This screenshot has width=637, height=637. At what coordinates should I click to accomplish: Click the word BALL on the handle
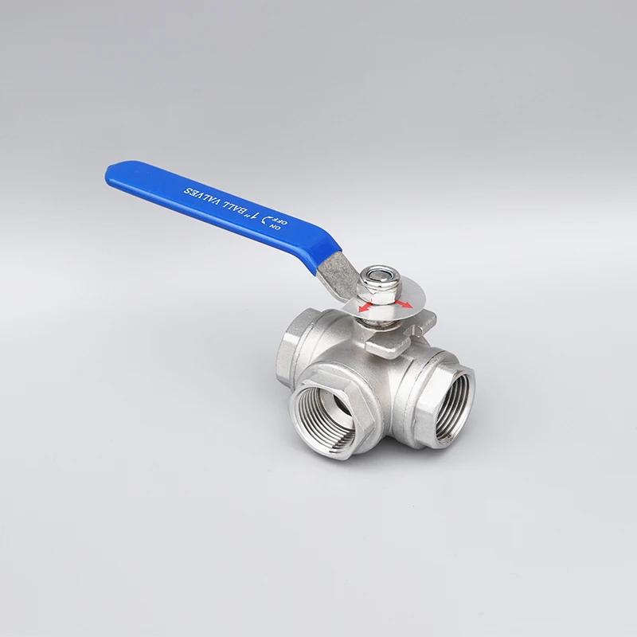point(238,208)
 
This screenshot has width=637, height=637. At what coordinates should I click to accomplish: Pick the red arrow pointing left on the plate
point(365,306)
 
